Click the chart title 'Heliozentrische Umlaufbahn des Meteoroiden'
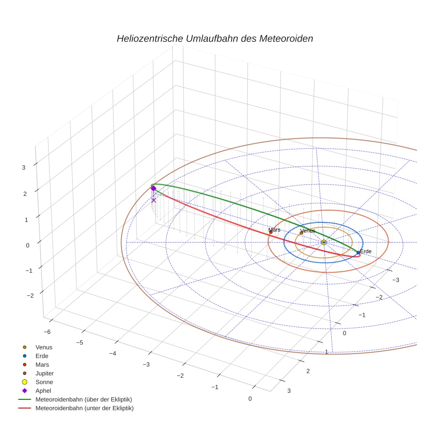point(215,38)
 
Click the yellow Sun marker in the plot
point(323,242)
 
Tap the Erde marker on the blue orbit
point(358,253)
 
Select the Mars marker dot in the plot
point(271,232)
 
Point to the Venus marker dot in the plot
point(301,233)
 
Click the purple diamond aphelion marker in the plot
point(153,188)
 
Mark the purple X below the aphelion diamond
point(153,200)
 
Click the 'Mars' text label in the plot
point(274,229)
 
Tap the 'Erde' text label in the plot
point(366,251)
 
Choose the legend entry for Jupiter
point(44,373)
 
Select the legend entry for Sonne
point(44,382)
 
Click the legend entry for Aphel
point(43,391)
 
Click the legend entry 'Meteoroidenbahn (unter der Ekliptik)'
point(84,408)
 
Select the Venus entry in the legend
point(44,347)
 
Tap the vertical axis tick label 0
point(28,245)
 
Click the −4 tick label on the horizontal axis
point(113,353)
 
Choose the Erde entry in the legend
point(42,356)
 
